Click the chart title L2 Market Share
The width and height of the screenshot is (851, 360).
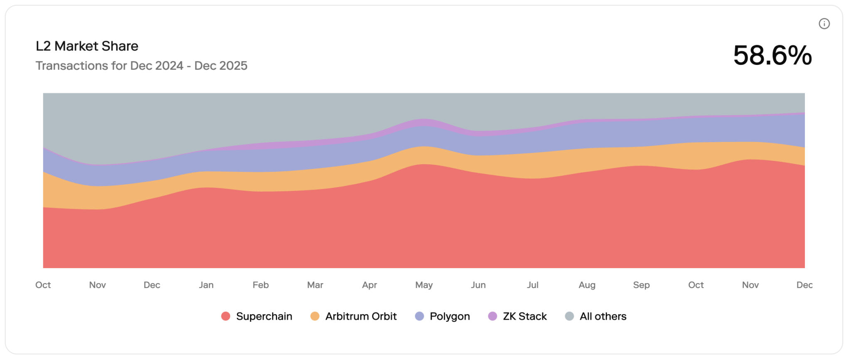87,46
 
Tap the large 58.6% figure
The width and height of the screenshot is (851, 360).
772,55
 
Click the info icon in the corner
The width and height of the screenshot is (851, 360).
824,24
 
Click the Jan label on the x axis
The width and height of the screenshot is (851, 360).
206,285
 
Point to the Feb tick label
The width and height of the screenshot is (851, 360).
261,285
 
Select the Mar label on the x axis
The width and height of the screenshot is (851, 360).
315,285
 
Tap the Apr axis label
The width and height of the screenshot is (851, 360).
369,285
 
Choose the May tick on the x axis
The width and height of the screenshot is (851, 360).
424,285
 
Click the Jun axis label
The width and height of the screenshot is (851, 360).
478,285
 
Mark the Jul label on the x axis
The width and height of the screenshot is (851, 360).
533,285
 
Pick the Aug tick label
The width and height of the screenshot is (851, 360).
587,285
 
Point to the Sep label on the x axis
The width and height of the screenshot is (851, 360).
642,285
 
